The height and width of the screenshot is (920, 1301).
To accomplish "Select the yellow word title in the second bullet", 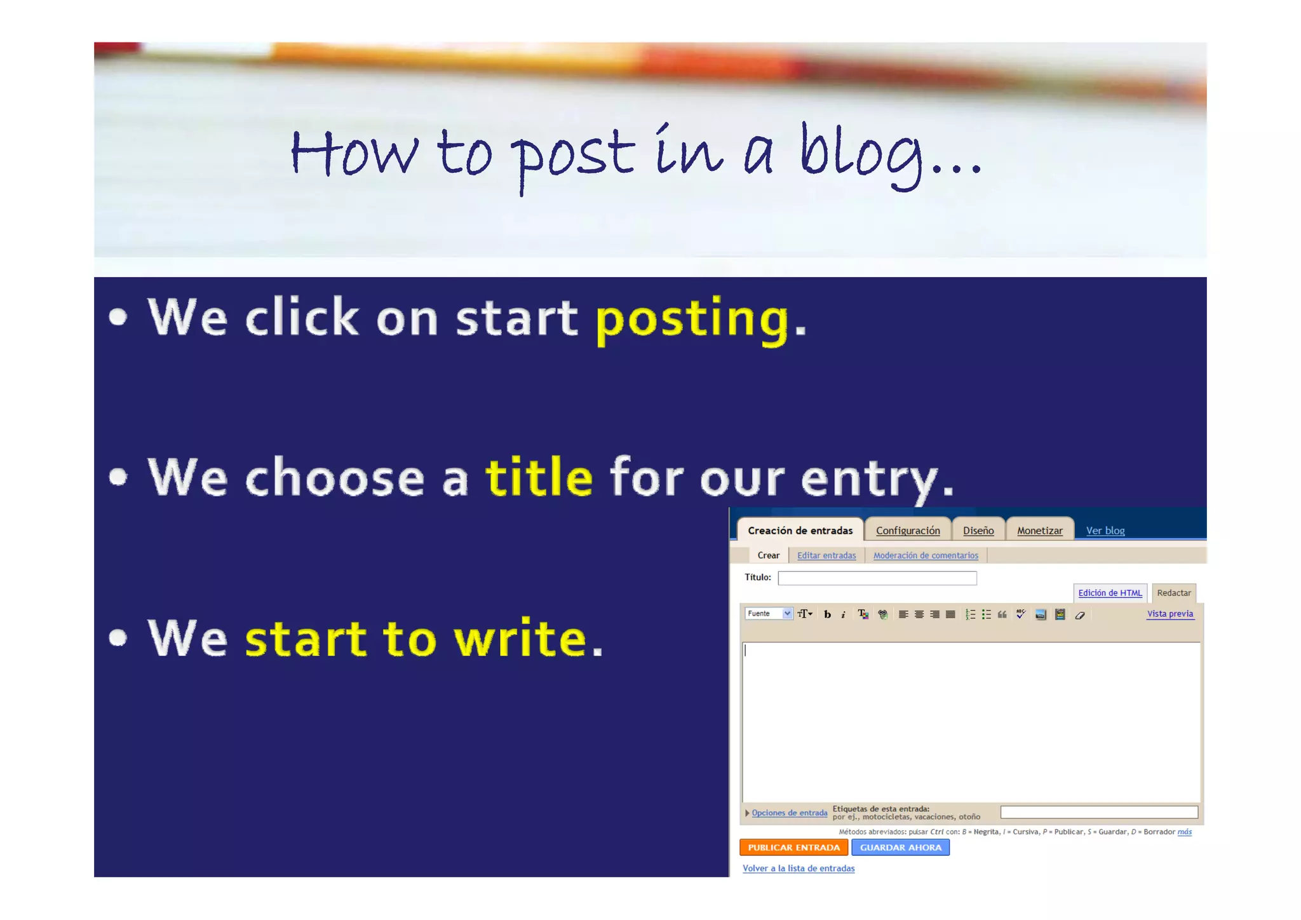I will pos(539,478).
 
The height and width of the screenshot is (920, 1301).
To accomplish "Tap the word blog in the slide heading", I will pos(861,154).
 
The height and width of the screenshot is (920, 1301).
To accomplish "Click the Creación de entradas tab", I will pos(800,531).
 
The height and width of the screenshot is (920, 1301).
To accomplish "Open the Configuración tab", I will pos(907,531).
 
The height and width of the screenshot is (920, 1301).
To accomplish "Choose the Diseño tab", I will pos(978,531).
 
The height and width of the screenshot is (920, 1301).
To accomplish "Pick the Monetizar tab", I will pos(1039,531).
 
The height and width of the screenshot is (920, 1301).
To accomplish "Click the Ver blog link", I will pos(1105,531).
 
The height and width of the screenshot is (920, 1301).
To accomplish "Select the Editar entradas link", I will pos(826,555).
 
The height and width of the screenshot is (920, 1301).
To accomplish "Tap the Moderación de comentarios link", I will pos(925,555).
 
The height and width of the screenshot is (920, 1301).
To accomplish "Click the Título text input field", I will pos(877,578).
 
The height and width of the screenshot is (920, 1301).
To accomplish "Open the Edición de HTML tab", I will pos(1109,593).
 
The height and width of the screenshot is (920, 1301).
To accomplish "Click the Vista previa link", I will pos(1170,614).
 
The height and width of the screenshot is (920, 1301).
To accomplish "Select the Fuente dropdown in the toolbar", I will pos(768,614).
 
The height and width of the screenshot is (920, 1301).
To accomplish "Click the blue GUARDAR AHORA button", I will pos(900,848).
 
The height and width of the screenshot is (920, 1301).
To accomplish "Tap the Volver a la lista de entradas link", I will pos(798,869).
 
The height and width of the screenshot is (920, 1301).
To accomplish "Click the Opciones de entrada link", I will pos(789,813).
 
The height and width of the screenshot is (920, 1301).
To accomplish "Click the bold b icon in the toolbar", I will pos(827,614).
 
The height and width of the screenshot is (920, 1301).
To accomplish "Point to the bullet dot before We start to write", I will pos(118,637).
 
